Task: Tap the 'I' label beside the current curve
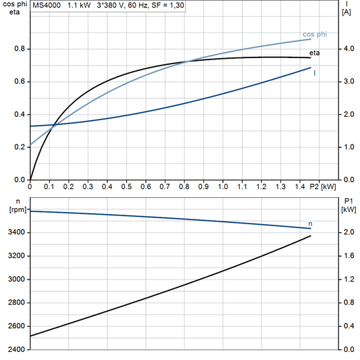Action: coord(315,72)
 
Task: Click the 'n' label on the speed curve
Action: coord(310,223)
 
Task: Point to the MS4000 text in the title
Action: coord(47,5)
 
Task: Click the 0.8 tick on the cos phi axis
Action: coord(19,49)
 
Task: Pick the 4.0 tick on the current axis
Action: coord(349,49)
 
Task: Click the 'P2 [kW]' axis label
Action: coord(322,186)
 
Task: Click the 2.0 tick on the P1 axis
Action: coord(349,232)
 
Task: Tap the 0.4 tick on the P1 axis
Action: coord(349,326)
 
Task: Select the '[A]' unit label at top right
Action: coord(347,12)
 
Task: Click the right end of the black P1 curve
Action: coord(311,236)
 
